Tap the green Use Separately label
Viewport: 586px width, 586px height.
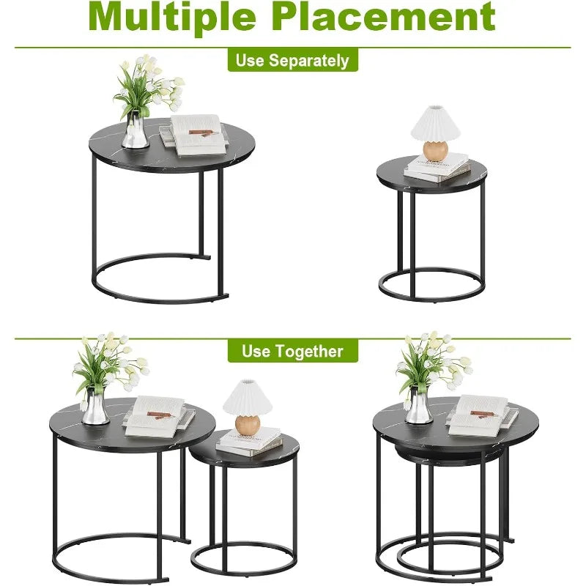click(292, 60)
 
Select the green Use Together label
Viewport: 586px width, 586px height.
click(292, 351)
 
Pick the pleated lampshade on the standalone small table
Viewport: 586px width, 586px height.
click(435, 122)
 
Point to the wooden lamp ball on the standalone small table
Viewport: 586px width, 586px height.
click(435, 149)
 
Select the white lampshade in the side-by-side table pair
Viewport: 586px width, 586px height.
click(248, 398)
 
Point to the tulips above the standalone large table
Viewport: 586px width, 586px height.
click(146, 84)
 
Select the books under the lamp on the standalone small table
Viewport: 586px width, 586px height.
click(438, 168)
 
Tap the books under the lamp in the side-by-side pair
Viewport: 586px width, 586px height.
click(250, 442)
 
